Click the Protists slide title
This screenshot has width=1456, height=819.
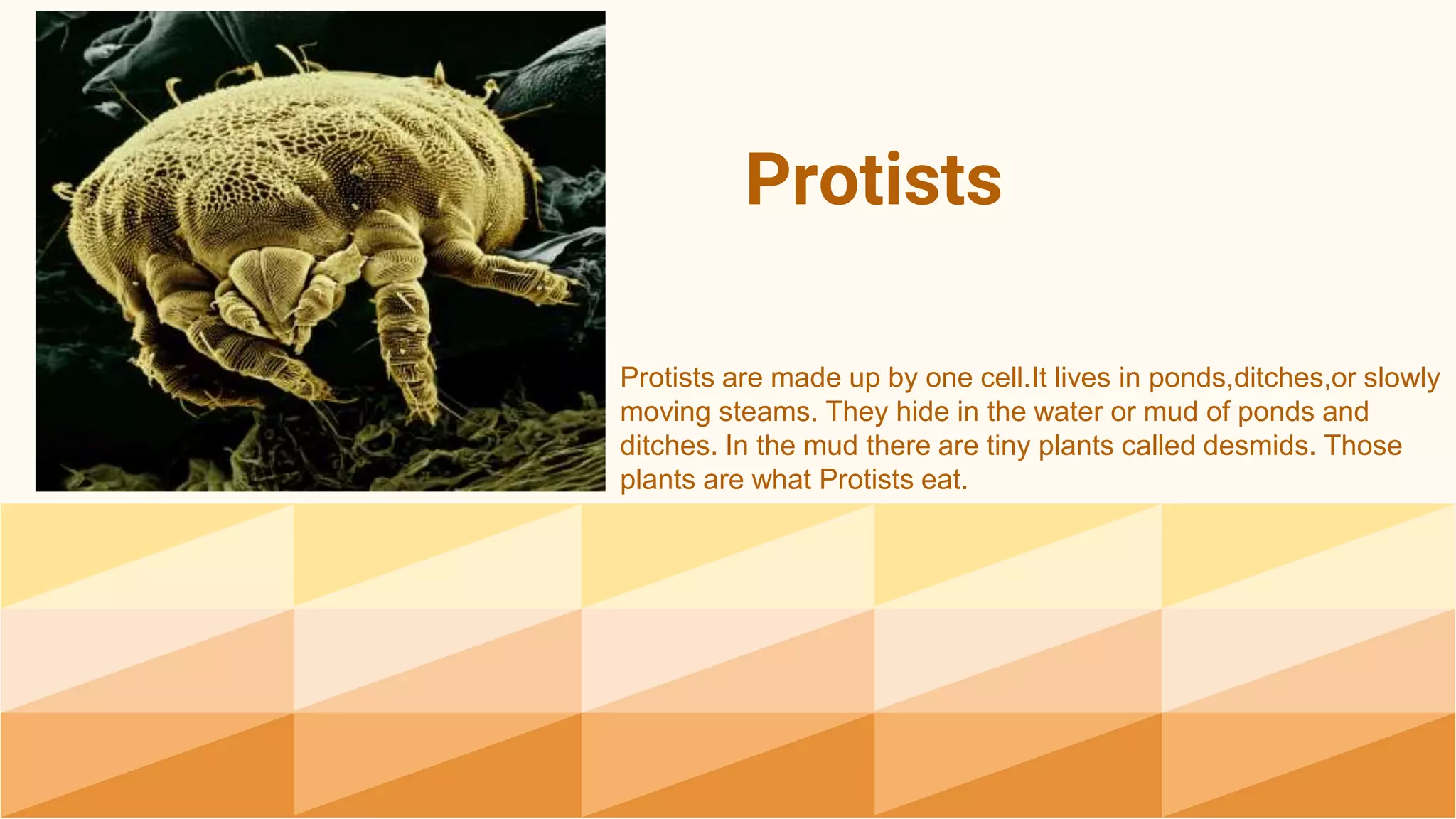(x=873, y=181)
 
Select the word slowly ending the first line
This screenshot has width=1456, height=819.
(x=1401, y=378)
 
